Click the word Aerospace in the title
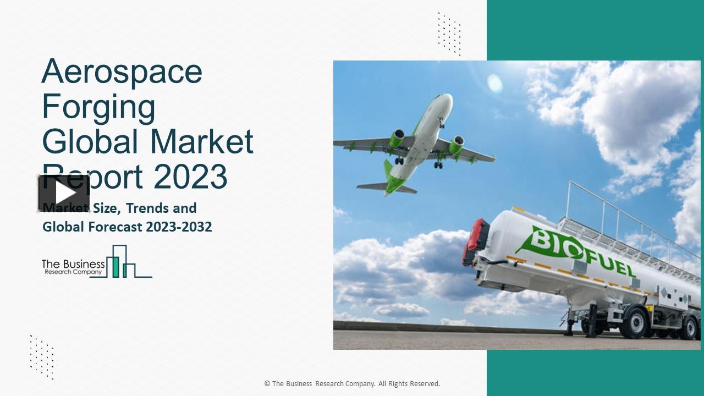pos(122,71)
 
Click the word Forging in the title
pos(99,107)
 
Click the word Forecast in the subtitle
pos(110,227)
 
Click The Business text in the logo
pos(73,264)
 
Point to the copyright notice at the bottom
pos(352,384)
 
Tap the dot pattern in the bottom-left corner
pos(42,356)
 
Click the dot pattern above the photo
pos(449,34)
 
